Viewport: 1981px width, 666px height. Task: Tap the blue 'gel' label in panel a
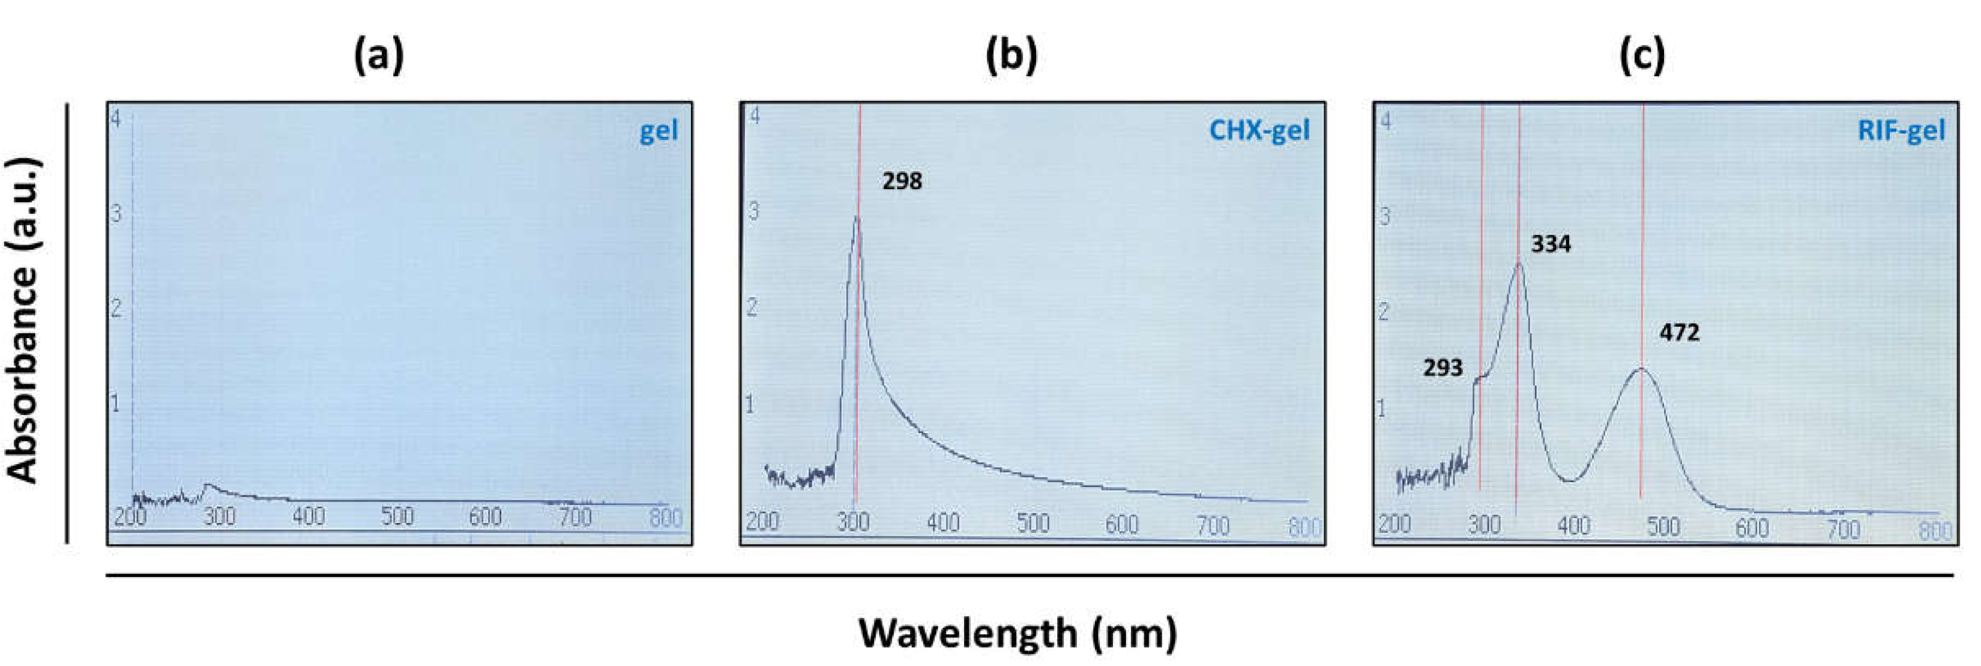click(659, 131)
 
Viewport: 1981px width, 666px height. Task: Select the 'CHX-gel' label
click(1259, 130)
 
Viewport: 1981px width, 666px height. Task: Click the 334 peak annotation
click(1551, 244)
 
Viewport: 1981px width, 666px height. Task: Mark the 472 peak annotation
click(1679, 332)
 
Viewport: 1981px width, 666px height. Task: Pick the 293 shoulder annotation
click(1442, 368)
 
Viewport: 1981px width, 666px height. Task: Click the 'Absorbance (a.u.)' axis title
click(25, 321)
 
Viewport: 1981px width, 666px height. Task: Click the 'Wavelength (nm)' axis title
click(1018, 632)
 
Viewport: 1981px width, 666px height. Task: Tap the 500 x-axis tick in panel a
click(397, 516)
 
